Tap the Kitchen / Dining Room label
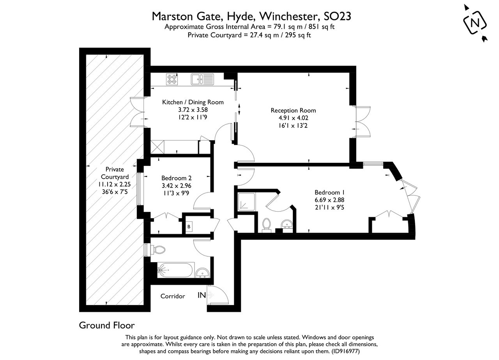click(193, 102)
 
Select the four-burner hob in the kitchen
click(172, 79)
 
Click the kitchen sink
click(202, 79)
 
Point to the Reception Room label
click(293, 110)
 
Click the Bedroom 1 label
click(329, 192)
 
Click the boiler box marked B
click(189, 226)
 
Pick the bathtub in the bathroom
click(175, 270)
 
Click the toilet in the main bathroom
click(158, 249)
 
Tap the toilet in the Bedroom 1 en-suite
click(267, 224)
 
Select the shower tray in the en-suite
click(246, 201)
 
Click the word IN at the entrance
click(202, 295)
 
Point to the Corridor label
click(173, 296)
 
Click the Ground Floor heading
click(107, 325)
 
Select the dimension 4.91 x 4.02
click(293, 117)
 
